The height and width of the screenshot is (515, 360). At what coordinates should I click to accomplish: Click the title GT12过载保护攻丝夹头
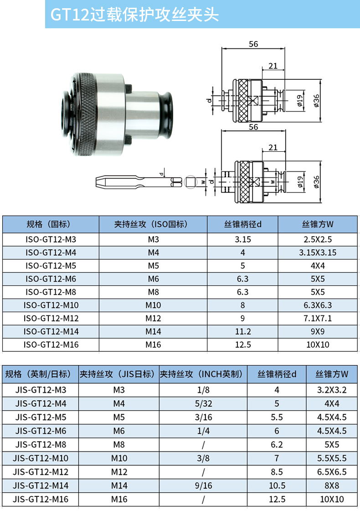coord(134,15)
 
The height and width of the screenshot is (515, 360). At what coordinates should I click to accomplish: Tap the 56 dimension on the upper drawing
coord(253,44)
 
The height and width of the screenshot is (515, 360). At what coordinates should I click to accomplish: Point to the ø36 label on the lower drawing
coord(316,182)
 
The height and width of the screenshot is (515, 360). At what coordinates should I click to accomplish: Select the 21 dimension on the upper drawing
coord(273,66)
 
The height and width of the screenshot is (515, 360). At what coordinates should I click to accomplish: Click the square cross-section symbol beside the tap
coord(190,182)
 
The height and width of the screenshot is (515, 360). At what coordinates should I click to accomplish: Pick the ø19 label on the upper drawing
coord(299,101)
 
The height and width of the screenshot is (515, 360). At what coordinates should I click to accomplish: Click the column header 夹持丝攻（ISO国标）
coord(153,224)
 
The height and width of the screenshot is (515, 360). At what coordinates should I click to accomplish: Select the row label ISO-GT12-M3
coord(51,239)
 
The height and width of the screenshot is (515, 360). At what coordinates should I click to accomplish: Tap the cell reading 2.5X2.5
coord(318,239)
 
